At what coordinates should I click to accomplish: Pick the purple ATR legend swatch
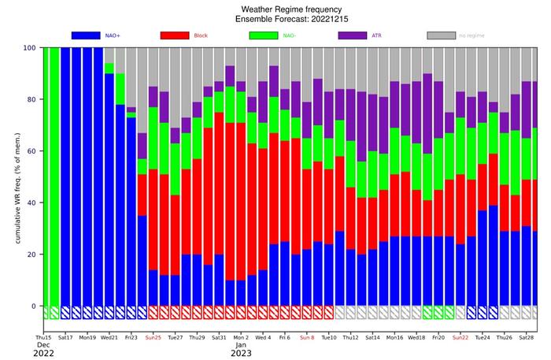[x=361, y=35]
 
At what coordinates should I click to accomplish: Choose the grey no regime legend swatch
[x=450, y=35]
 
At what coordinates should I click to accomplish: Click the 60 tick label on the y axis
[x=32, y=150]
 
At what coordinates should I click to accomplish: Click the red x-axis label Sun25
[x=153, y=337]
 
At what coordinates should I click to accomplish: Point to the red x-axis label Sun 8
[x=306, y=337]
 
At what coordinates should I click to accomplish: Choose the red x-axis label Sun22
[x=460, y=337]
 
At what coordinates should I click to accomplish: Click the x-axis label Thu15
[x=44, y=337]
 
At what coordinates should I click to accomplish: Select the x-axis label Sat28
[x=526, y=337]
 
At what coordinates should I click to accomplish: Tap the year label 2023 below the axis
[x=242, y=353]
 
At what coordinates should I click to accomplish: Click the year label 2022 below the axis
[x=44, y=353]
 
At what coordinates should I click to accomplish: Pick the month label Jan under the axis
[x=241, y=345]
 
